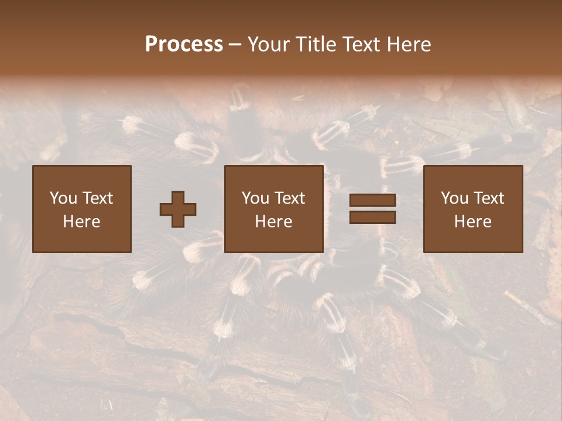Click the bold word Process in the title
tap(184, 44)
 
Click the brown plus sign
tap(178, 209)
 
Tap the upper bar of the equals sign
tap(372, 201)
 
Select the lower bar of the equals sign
tap(372, 218)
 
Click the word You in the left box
tap(63, 198)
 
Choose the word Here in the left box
tap(81, 222)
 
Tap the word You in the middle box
tap(255, 198)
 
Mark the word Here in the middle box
tap(274, 222)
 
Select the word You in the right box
tap(454, 198)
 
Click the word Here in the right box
tap(473, 222)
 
